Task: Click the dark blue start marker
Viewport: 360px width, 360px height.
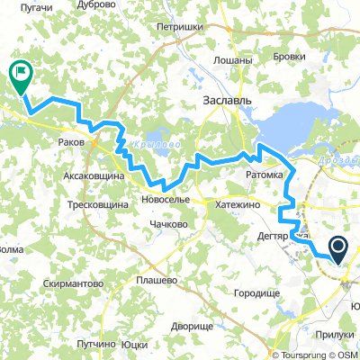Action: (340, 247)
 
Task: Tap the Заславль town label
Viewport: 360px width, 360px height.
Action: (226, 100)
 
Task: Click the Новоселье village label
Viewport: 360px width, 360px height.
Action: (165, 199)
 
